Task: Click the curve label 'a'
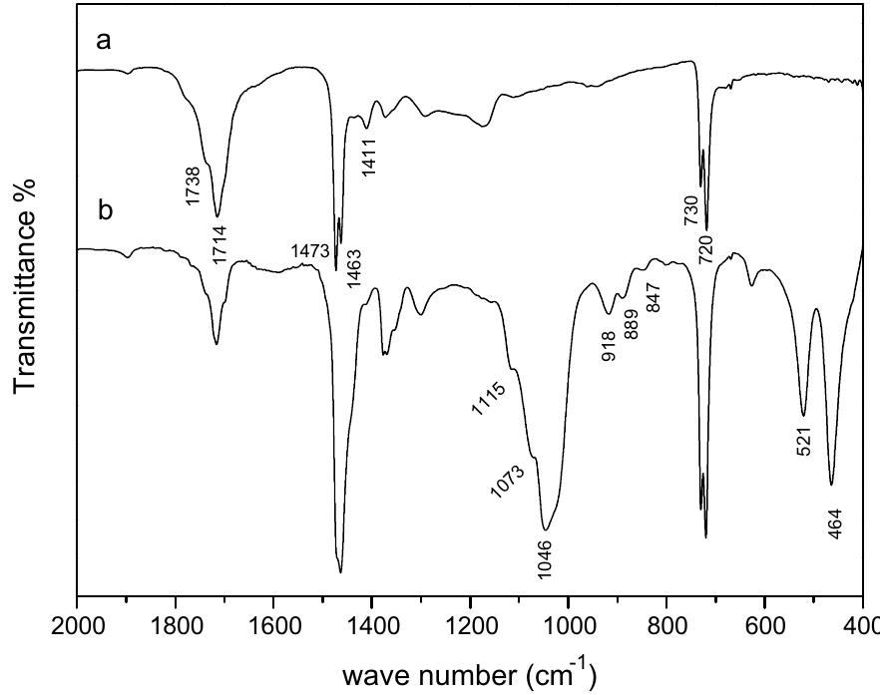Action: coord(102,44)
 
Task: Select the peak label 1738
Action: coord(194,186)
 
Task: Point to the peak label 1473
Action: coord(310,250)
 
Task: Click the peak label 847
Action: coord(655,296)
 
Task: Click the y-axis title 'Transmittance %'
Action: coord(27,287)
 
